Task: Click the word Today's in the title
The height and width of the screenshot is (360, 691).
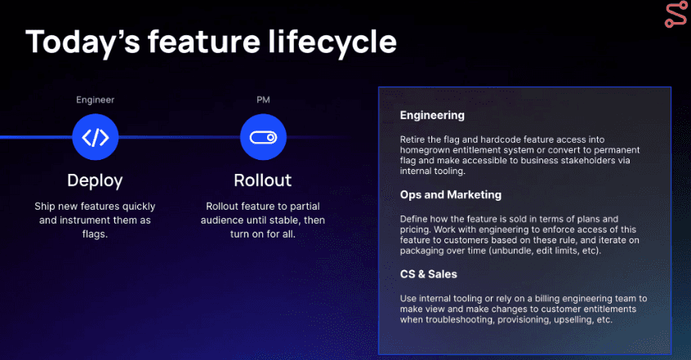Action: coord(82,42)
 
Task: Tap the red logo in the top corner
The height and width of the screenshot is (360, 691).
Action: coord(675,16)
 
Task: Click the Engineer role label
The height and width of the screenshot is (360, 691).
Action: coord(96,100)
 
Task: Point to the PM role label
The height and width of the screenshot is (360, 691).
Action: coord(263,100)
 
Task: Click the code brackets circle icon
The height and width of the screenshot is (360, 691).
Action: coord(96,137)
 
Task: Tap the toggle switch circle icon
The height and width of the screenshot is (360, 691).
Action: coord(263,137)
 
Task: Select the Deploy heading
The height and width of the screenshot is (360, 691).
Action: coord(96,180)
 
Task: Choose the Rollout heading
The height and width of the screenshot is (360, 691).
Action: coord(263,180)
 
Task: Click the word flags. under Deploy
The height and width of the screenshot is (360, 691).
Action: coord(95,234)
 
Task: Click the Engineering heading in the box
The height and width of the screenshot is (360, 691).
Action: coord(432,115)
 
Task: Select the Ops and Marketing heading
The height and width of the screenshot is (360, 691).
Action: coord(451,195)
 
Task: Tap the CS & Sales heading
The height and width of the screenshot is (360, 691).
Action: coord(428,274)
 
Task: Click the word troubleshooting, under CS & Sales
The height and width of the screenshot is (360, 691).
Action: coord(460,320)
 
